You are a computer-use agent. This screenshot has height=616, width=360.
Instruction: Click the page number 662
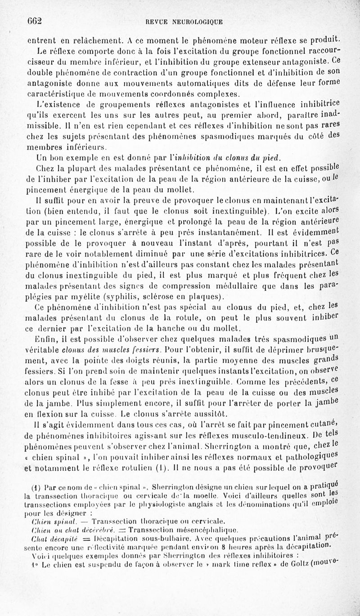34,21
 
